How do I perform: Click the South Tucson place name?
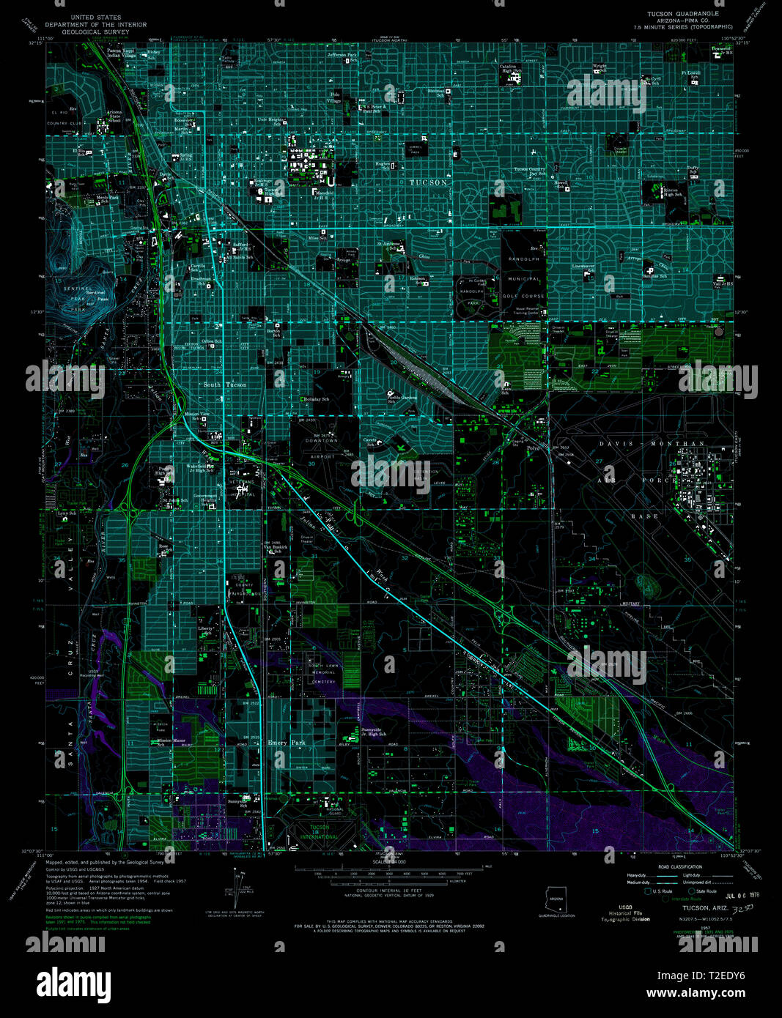224,384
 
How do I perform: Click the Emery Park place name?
287,743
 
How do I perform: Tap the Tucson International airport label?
320,833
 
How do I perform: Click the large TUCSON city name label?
428,182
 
